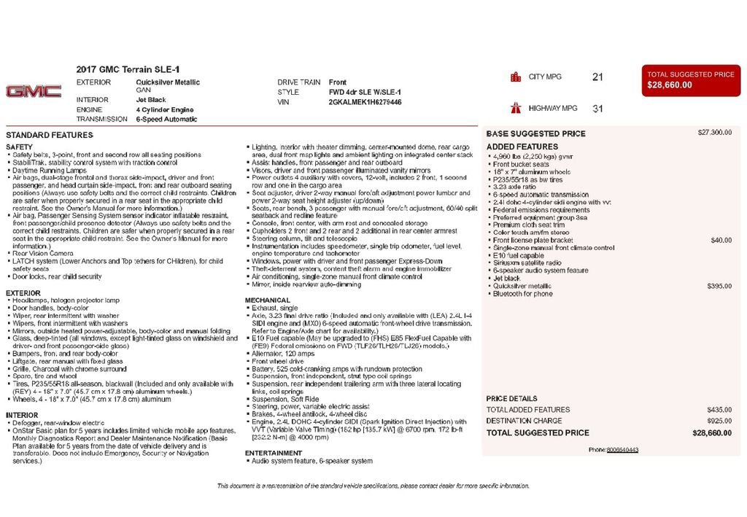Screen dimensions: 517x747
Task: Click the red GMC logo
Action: point(34,91)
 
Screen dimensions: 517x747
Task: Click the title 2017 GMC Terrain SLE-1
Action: point(128,69)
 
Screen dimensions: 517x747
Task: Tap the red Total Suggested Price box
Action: point(691,79)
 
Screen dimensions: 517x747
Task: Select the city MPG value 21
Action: point(597,77)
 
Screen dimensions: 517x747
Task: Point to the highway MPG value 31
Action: point(597,109)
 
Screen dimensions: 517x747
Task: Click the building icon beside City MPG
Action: point(516,77)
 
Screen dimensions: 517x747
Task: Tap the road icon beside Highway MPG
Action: point(516,109)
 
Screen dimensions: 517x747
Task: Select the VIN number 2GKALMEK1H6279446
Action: point(365,102)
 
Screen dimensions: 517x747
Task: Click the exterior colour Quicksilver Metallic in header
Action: point(168,82)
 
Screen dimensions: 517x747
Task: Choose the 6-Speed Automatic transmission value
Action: point(166,119)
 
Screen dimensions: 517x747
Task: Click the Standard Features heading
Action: point(50,136)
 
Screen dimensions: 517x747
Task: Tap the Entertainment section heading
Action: point(274,453)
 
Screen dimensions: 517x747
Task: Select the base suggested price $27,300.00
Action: point(714,133)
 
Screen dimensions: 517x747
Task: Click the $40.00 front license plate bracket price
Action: point(721,240)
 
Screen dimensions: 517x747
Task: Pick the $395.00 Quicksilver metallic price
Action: point(719,286)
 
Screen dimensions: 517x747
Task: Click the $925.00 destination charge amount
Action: point(719,421)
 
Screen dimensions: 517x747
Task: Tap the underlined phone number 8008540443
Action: point(622,450)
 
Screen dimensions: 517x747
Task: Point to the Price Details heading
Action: point(511,399)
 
